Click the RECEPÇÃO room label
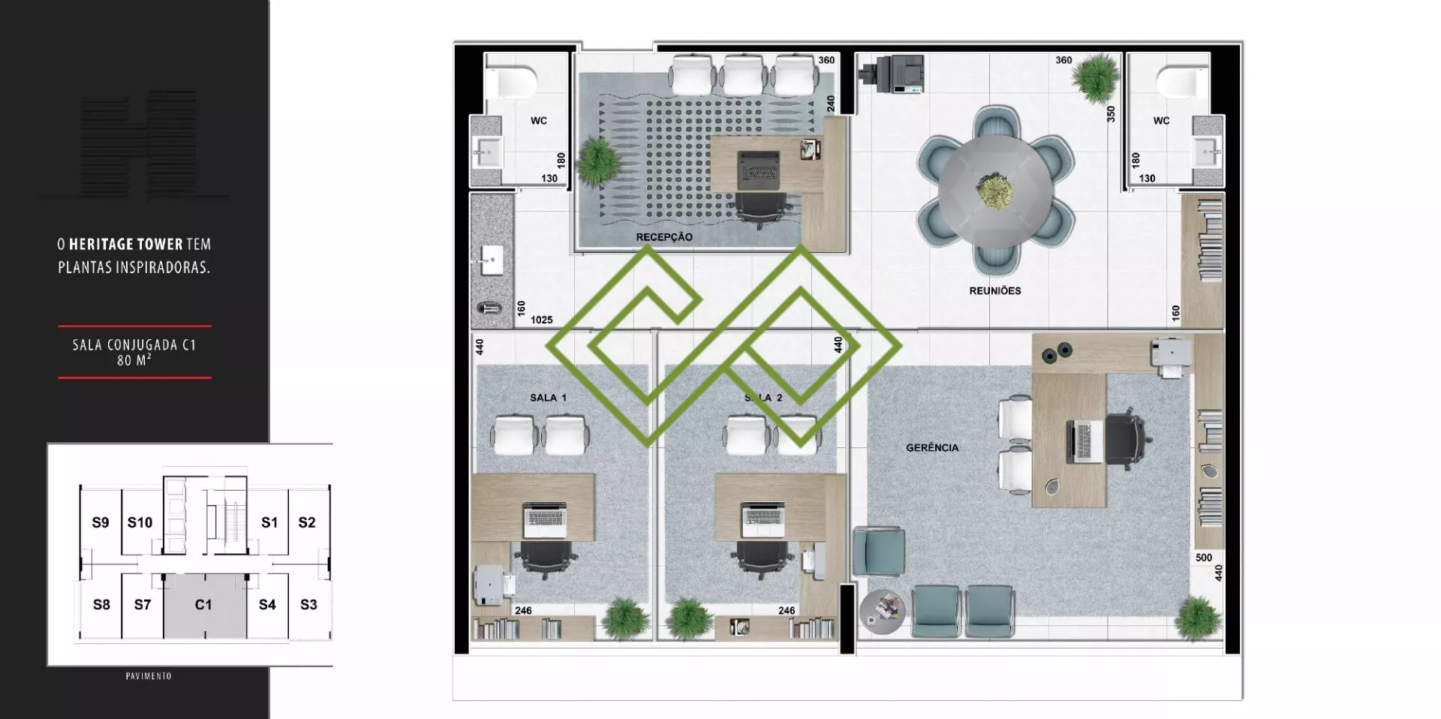[x=664, y=237]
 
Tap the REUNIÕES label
[x=995, y=290]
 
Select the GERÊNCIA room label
[x=932, y=447]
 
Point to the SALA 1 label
[x=548, y=398]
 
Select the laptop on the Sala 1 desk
[x=544, y=520]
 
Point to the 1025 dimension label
[x=542, y=320]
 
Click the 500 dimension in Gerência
[x=1203, y=558]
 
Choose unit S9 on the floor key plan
[x=101, y=522]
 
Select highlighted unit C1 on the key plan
[x=203, y=604]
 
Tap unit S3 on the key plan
[x=308, y=604]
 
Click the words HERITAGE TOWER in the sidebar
[x=126, y=245]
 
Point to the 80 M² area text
[x=134, y=360]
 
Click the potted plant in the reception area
[x=597, y=160]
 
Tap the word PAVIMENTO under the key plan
[x=149, y=676]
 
